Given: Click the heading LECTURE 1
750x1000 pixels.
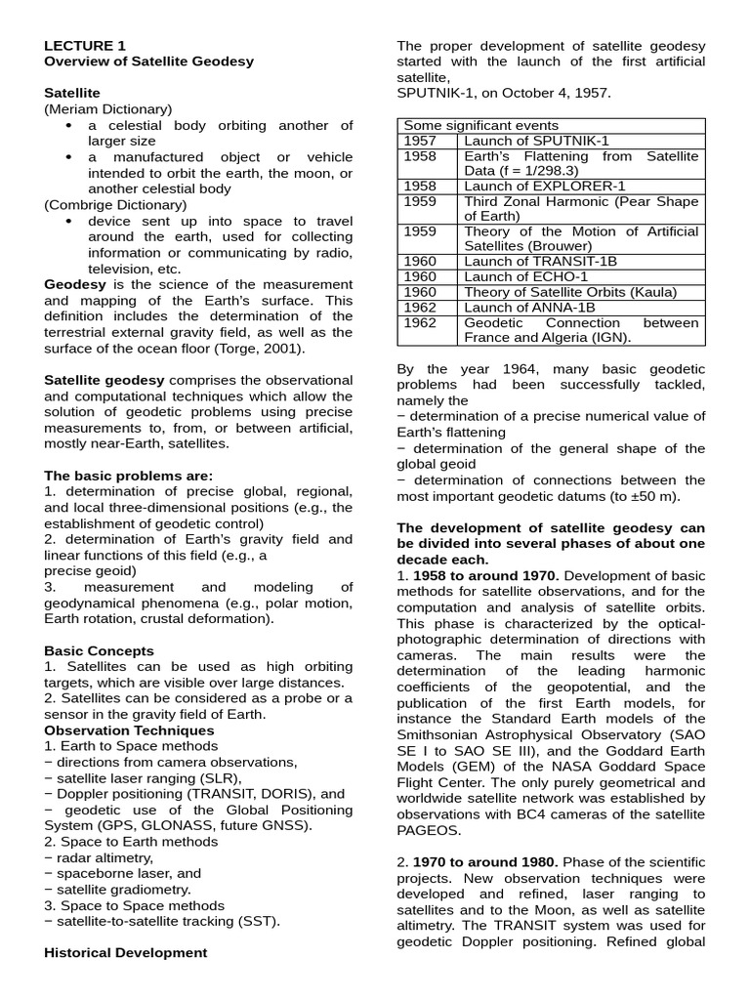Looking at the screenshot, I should tap(85, 45).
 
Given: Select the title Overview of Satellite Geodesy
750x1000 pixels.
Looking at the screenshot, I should tap(148, 62).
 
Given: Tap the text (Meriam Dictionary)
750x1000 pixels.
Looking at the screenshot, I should tap(107, 109).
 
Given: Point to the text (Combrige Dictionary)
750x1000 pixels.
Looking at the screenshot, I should tap(114, 204).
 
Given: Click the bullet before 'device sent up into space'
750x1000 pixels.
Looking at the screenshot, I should tap(68, 221).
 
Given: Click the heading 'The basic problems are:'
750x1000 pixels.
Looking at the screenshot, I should tap(128, 476).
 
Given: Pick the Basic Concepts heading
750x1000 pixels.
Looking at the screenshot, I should tap(99, 650).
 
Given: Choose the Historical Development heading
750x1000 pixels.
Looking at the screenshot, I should tap(125, 952).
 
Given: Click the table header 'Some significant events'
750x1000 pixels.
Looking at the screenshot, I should tap(480, 125).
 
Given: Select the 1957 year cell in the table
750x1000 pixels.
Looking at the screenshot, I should tap(420, 141).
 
